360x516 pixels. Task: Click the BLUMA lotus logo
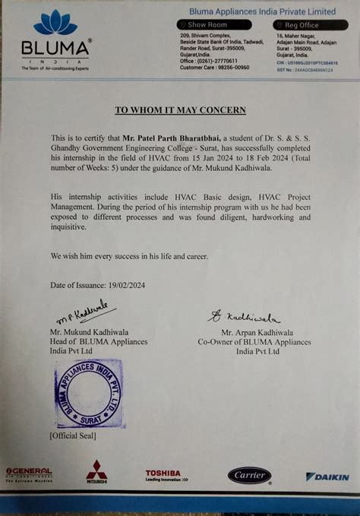55,23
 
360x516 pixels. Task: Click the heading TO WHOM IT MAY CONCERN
179,109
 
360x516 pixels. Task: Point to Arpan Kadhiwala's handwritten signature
243,316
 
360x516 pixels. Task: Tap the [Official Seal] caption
73,436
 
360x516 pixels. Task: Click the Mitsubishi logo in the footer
96,472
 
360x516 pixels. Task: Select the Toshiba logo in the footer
163,475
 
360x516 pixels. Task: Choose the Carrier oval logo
249,476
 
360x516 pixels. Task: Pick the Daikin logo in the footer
327,476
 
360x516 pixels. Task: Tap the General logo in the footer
29,473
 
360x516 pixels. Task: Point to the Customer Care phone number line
215,67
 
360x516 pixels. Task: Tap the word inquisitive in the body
69,227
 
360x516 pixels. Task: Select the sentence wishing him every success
129,256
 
